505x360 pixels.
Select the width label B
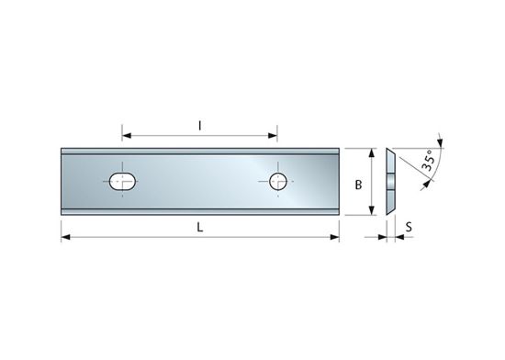tap(358, 184)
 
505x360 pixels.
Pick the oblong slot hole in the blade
tap(122, 182)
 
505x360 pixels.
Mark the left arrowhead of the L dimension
tap(66, 238)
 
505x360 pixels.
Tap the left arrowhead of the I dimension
tap(127, 136)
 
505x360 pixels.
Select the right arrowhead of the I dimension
tap(274, 136)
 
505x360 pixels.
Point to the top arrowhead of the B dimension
tap(372, 153)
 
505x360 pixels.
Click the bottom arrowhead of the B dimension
tap(372, 212)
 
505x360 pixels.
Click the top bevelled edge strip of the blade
tap(200, 151)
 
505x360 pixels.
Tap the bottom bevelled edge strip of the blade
tap(200, 213)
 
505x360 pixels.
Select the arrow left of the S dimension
tap(381, 238)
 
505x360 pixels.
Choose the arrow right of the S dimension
tap(401, 238)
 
